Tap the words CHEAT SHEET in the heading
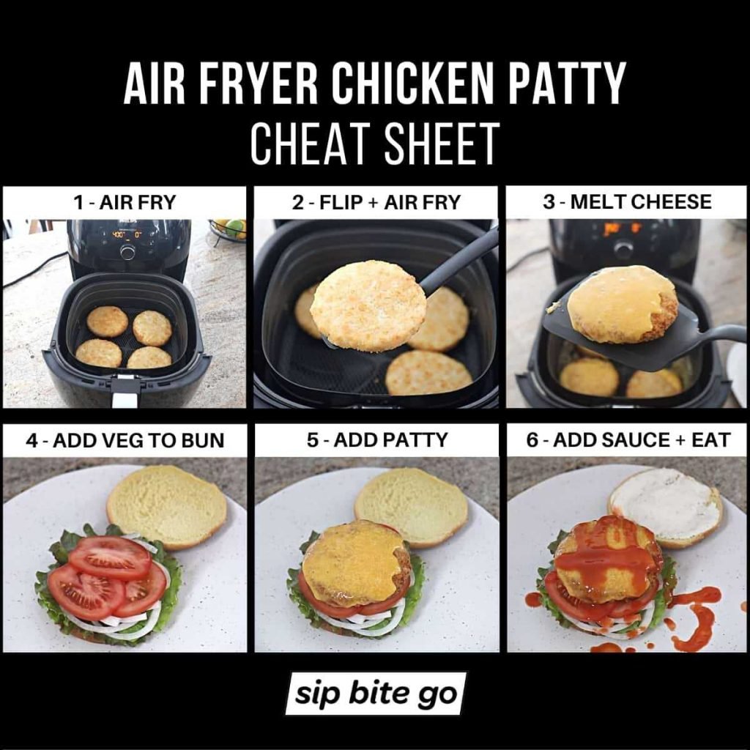click(374, 144)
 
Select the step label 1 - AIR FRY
click(125, 202)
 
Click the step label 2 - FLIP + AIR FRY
click(376, 202)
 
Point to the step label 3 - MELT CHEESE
click(627, 201)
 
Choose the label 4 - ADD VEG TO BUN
click(125, 440)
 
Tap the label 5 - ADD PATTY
click(377, 440)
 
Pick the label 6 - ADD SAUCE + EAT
click(628, 440)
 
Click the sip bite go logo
click(376, 694)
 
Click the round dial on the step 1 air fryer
click(127, 252)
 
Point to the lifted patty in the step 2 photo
click(368, 306)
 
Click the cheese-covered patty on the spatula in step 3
click(623, 304)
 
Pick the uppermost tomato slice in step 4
click(110, 557)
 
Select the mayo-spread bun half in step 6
click(665, 507)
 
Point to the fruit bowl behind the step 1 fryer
click(227, 229)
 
